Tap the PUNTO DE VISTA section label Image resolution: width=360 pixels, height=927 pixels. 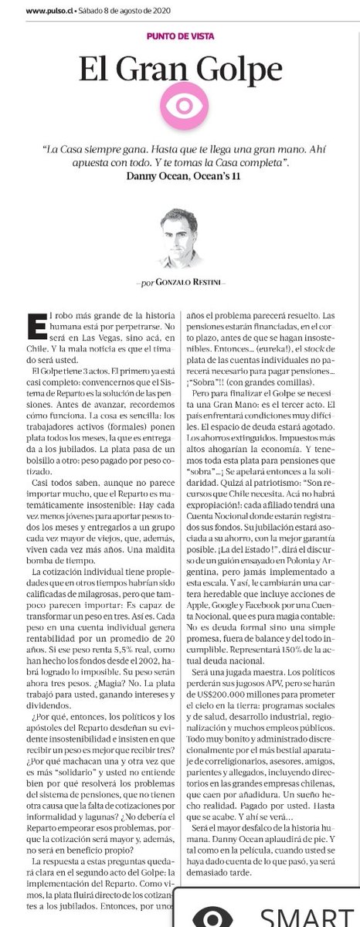(x=180, y=36)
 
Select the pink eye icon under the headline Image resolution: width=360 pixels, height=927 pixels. (x=181, y=107)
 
